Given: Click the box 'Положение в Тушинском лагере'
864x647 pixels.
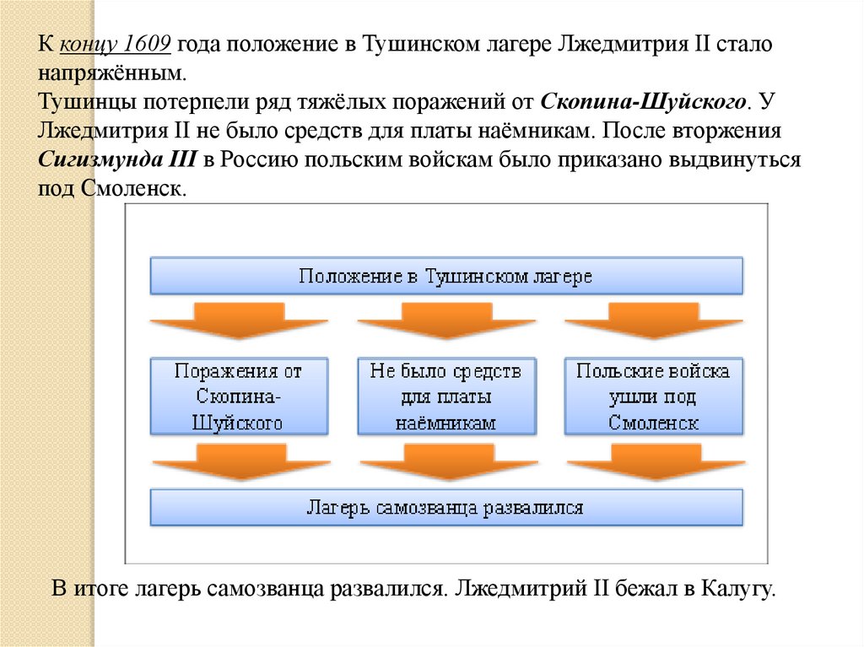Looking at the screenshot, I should (446, 277).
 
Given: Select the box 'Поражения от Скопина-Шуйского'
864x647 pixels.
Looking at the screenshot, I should (239, 396).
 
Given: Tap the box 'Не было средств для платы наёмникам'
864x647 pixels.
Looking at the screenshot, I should (445, 396).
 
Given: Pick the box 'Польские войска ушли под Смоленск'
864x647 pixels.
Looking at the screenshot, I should (653, 396).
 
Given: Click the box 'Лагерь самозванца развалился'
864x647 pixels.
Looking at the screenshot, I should (446, 508).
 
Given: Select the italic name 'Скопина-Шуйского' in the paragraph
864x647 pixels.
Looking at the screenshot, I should (641, 103).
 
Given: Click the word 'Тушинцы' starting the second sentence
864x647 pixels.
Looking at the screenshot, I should (78, 103).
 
